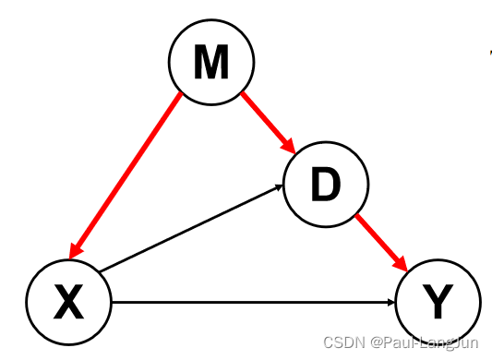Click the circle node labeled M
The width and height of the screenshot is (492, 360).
(210, 62)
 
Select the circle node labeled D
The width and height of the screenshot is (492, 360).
(325, 186)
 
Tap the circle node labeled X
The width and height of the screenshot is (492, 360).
(67, 300)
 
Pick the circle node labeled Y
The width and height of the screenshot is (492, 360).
(438, 300)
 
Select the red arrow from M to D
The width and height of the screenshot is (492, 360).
(266, 120)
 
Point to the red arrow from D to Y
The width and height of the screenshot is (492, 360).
(380, 240)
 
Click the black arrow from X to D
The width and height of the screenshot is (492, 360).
(189, 230)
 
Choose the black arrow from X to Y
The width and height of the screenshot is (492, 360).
(249, 301)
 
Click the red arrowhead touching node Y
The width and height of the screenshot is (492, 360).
(402, 263)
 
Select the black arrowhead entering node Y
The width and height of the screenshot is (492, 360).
(391, 301)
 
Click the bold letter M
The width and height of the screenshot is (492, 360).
(210, 62)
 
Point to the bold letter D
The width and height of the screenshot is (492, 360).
(325, 186)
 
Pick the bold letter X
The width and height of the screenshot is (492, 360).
(67, 301)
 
